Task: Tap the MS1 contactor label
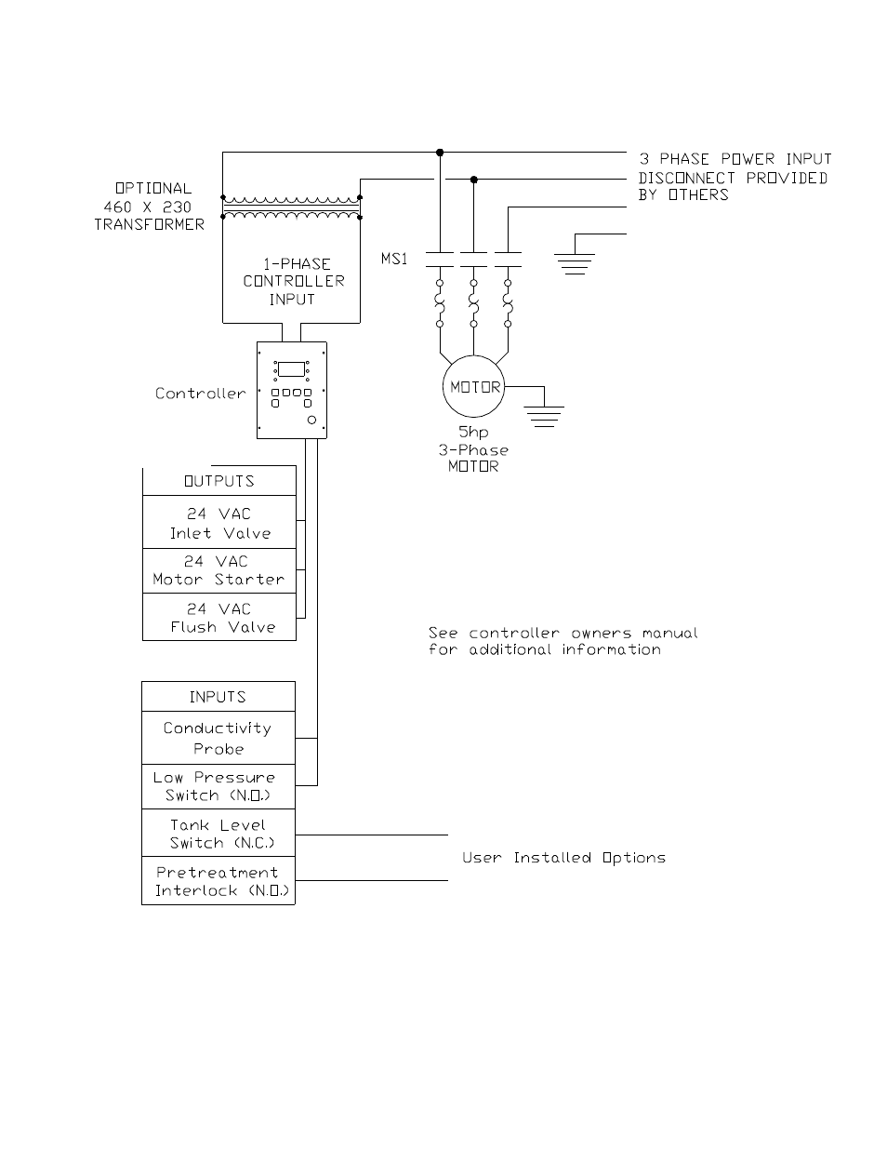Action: (x=394, y=259)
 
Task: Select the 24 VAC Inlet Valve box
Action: (x=219, y=522)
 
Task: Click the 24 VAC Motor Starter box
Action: (x=219, y=571)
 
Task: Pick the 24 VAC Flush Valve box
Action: (x=219, y=617)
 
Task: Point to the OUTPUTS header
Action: (x=219, y=481)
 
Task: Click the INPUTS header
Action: (x=218, y=697)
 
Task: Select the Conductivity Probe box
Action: (x=218, y=738)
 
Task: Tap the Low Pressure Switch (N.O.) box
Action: (x=218, y=787)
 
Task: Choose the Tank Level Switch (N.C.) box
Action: (x=218, y=833)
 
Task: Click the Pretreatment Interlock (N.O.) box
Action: (x=218, y=881)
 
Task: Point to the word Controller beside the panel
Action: (x=200, y=394)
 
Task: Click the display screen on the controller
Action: (x=291, y=369)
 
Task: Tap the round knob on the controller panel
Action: (x=311, y=420)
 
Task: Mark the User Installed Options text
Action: (x=563, y=858)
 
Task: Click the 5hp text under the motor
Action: (x=473, y=433)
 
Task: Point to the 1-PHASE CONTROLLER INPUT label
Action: (x=294, y=282)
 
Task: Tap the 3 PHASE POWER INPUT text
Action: (x=735, y=159)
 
